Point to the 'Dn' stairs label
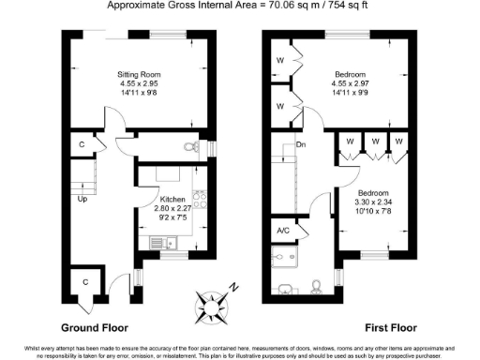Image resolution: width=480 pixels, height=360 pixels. point(301,145)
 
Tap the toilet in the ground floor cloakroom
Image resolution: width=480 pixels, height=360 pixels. point(193,147)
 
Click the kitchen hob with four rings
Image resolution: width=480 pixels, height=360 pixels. point(199,200)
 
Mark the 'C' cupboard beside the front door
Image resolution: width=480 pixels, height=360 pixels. point(86,282)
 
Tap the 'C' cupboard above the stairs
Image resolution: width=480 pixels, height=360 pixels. point(82,145)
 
